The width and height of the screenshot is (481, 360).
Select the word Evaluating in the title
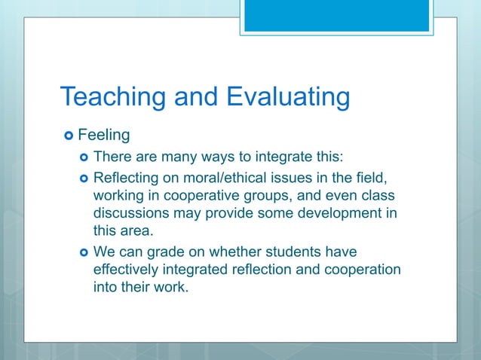point(287,97)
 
